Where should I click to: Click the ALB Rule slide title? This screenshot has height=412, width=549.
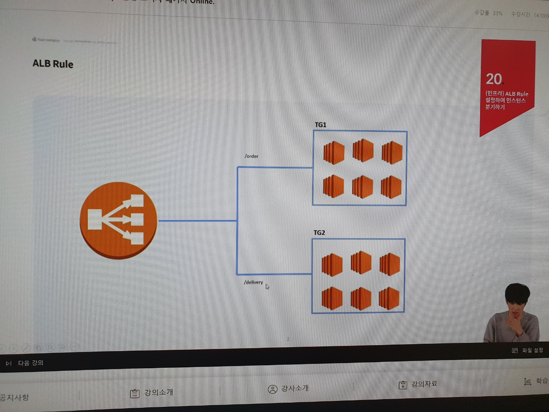(53, 64)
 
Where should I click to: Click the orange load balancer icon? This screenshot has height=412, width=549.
(118, 220)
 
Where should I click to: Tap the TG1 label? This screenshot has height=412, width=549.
(320, 125)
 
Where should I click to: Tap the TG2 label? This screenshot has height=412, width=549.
(319, 233)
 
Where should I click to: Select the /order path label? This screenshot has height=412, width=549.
(251, 156)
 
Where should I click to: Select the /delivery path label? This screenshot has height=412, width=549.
(253, 282)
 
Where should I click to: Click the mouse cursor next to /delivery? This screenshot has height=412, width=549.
(267, 287)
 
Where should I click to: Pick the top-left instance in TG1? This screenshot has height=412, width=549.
(333, 152)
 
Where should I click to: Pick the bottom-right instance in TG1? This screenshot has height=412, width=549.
(391, 187)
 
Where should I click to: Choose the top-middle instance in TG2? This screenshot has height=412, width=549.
(361, 262)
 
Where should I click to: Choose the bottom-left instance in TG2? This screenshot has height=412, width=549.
(332, 298)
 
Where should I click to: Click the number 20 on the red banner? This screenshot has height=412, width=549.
(494, 79)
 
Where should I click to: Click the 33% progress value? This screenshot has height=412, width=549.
(497, 13)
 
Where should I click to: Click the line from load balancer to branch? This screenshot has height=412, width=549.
(197, 221)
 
